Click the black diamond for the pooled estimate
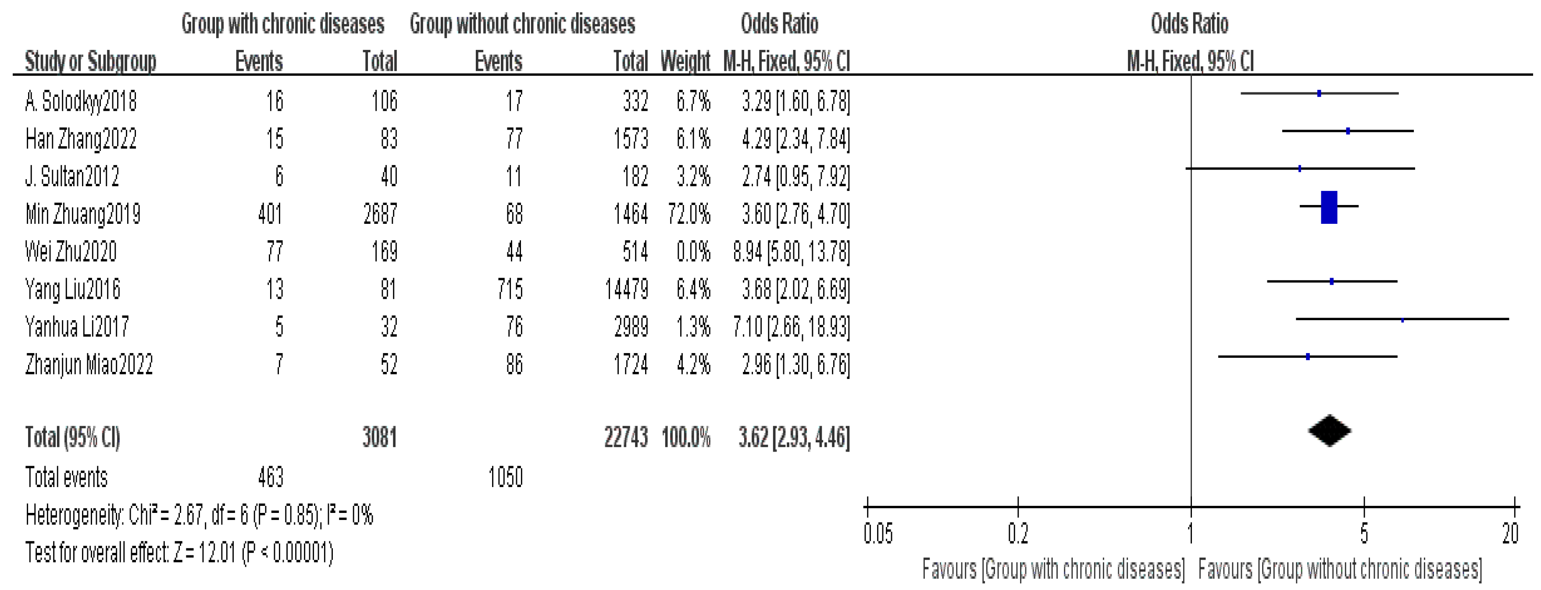click(x=1329, y=431)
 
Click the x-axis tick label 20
click(x=1510, y=533)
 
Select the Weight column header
click(x=685, y=61)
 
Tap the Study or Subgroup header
click(x=90, y=61)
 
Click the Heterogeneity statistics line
click(x=199, y=515)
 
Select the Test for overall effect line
click(x=179, y=552)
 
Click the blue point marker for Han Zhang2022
click(x=1348, y=131)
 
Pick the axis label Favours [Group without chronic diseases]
click(x=1340, y=569)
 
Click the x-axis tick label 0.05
click(x=878, y=533)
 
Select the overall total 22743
click(x=626, y=438)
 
